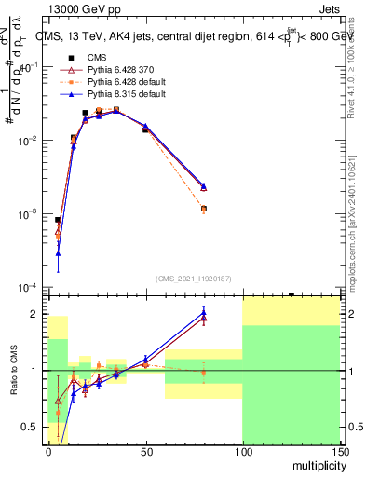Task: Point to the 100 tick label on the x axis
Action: point(242,450)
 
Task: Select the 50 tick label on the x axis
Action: point(145,450)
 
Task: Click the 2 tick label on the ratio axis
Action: point(38,314)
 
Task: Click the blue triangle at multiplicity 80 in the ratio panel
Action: point(203,312)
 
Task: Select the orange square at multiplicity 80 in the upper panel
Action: point(203,209)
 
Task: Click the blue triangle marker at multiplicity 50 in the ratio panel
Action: point(145,359)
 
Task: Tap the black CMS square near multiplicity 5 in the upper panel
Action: point(58,220)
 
